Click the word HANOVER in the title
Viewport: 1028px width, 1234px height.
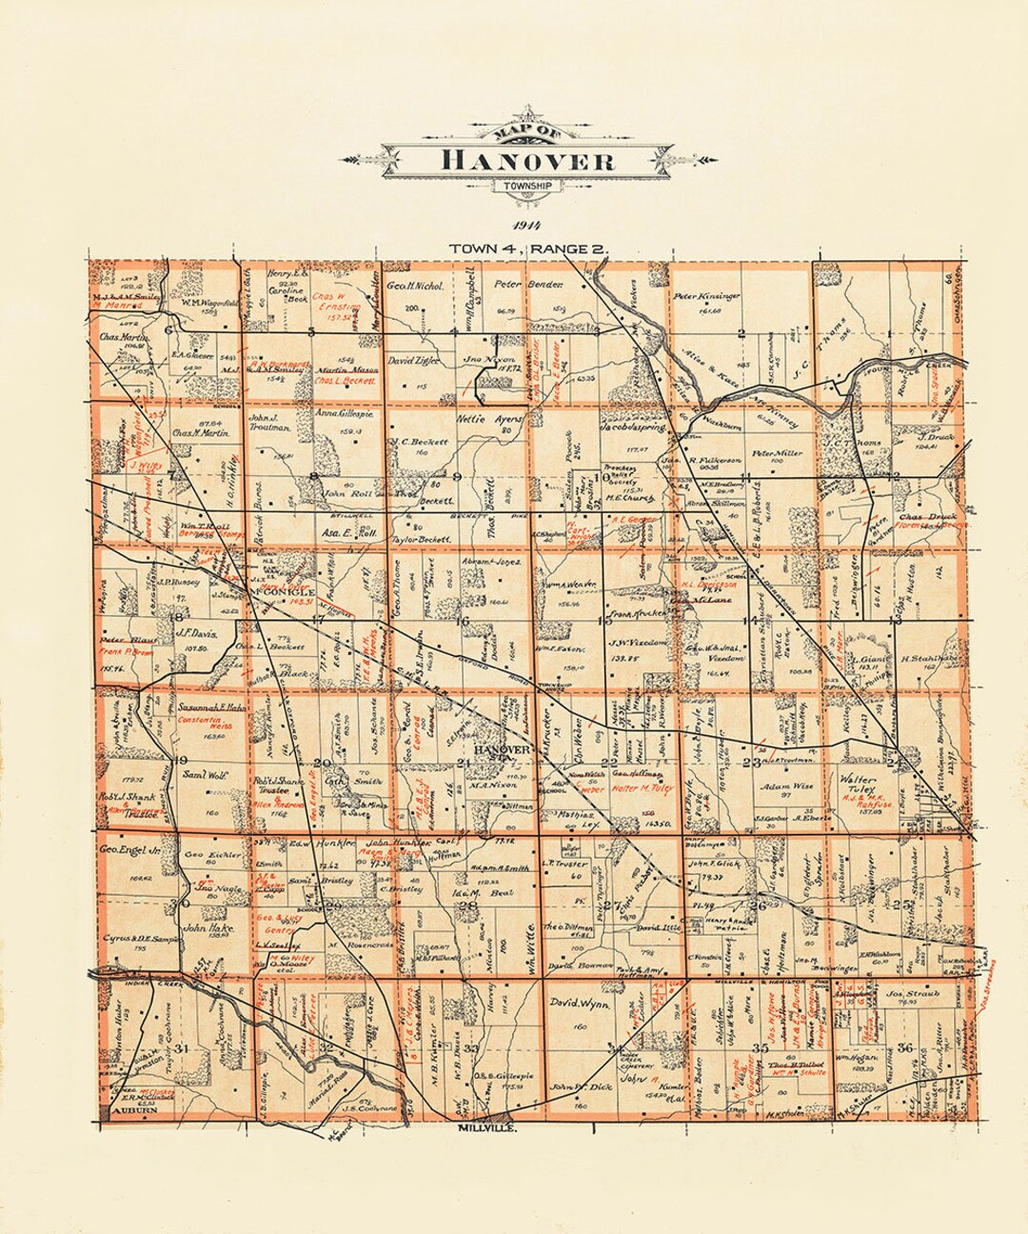(x=527, y=160)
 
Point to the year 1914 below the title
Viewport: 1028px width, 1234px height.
(x=525, y=226)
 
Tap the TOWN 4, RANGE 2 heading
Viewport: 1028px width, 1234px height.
(x=528, y=249)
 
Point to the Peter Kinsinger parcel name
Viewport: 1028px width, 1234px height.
(x=706, y=296)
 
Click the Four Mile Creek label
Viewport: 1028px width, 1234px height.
(x=899, y=367)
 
